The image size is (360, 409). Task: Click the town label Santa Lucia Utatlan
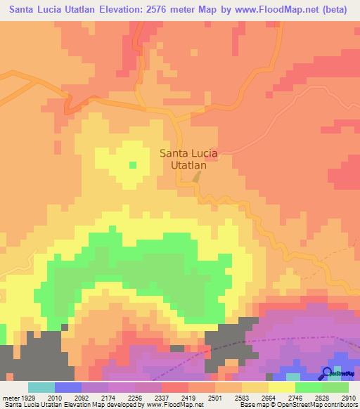188,160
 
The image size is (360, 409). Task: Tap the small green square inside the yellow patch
132,165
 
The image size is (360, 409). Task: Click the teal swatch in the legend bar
41,387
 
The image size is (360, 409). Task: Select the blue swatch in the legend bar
68,387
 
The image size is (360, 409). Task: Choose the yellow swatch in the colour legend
281,387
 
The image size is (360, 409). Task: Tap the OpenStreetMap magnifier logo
328,372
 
